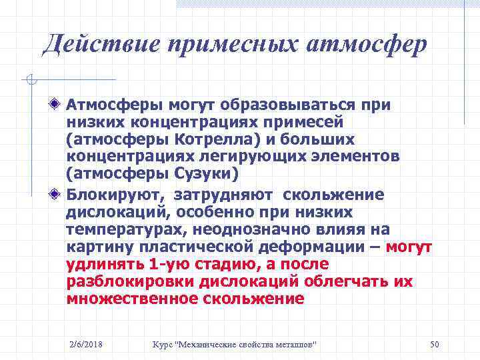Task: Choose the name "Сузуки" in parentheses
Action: [x=203, y=174]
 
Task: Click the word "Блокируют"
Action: [x=115, y=195]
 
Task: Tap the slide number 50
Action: [x=435, y=344]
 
